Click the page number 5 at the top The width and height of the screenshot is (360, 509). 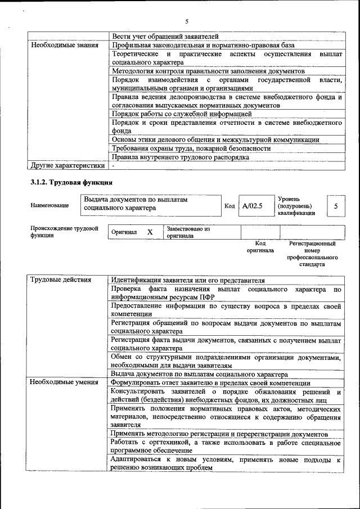click(186, 21)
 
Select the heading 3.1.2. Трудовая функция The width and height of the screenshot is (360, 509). click(71, 183)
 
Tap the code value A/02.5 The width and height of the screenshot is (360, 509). click(253, 206)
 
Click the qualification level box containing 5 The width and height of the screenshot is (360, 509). click(336, 206)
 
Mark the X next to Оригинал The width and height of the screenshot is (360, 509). click(150, 232)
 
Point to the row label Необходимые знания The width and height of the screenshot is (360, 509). click(65, 45)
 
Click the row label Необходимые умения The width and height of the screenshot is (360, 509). click(65, 383)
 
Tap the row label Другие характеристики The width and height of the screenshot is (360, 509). click(67, 166)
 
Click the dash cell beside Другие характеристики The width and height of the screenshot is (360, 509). click(114, 166)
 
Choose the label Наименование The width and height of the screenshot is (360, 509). click(50, 206)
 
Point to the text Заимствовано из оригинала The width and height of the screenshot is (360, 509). click(188, 232)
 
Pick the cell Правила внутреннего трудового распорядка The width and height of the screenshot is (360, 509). click(180, 157)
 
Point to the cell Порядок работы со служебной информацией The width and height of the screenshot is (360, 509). click(182, 114)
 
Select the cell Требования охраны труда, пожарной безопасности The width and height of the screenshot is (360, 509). click(191, 148)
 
